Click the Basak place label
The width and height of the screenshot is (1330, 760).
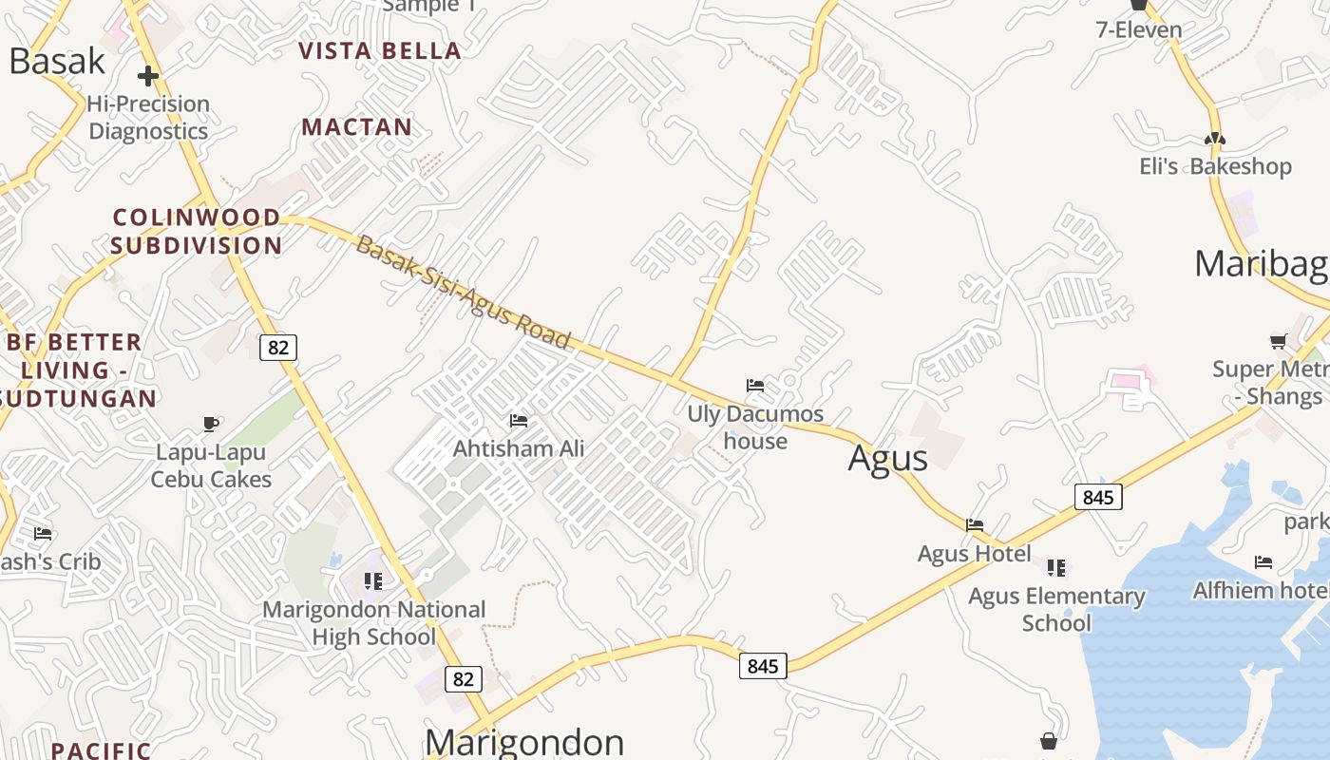[57, 61]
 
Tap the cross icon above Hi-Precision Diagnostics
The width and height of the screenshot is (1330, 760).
[147, 76]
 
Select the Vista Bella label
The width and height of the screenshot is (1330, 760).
[380, 51]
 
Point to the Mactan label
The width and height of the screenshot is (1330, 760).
[357, 127]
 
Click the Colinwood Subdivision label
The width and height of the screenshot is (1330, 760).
[197, 232]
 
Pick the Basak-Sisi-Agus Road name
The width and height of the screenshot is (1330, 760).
[464, 293]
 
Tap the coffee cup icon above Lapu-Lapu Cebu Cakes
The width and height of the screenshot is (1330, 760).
[211, 424]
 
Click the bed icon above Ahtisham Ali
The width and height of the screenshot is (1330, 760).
[519, 420]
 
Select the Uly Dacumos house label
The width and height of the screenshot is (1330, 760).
[755, 427]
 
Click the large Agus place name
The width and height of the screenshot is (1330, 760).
[887, 458]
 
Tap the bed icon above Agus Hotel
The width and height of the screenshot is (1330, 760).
[975, 524]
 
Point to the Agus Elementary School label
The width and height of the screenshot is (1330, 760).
[1056, 609]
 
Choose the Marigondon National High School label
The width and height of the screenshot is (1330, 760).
[374, 622]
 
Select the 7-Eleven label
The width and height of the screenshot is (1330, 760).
[1139, 29]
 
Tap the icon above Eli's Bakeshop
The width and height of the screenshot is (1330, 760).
[1215, 139]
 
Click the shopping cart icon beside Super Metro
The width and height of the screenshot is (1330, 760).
[1279, 341]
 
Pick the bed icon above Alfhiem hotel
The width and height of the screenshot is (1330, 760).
[1263, 562]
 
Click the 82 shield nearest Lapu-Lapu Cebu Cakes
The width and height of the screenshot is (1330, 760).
[278, 348]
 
